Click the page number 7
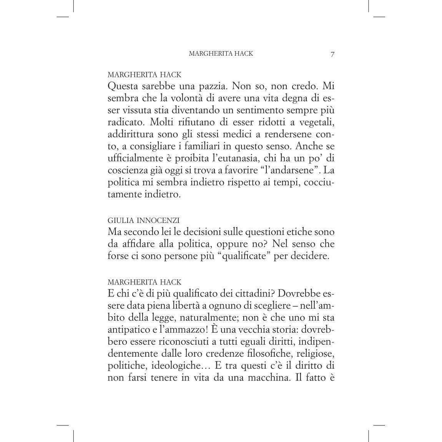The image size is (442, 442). point(332,54)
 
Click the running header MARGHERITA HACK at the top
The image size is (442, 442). point(221,54)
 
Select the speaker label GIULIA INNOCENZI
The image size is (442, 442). point(143,221)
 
